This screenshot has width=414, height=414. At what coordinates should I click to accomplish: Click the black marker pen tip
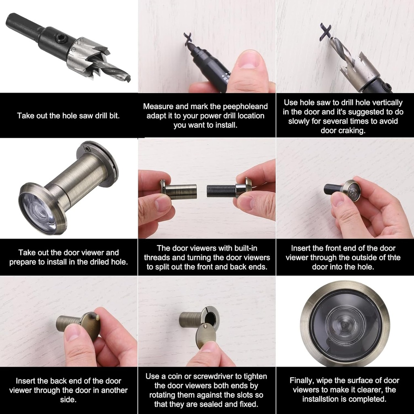pyautogui.click(x=189, y=45)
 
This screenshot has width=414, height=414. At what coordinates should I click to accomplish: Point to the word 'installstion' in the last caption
pyautogui.click(x=323, y=399)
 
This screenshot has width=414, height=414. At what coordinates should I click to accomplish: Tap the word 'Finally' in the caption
pyautogui.click(x=303, y=380)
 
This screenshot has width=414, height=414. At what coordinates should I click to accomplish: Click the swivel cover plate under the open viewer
pyautogui.click(x=206, y=335)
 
